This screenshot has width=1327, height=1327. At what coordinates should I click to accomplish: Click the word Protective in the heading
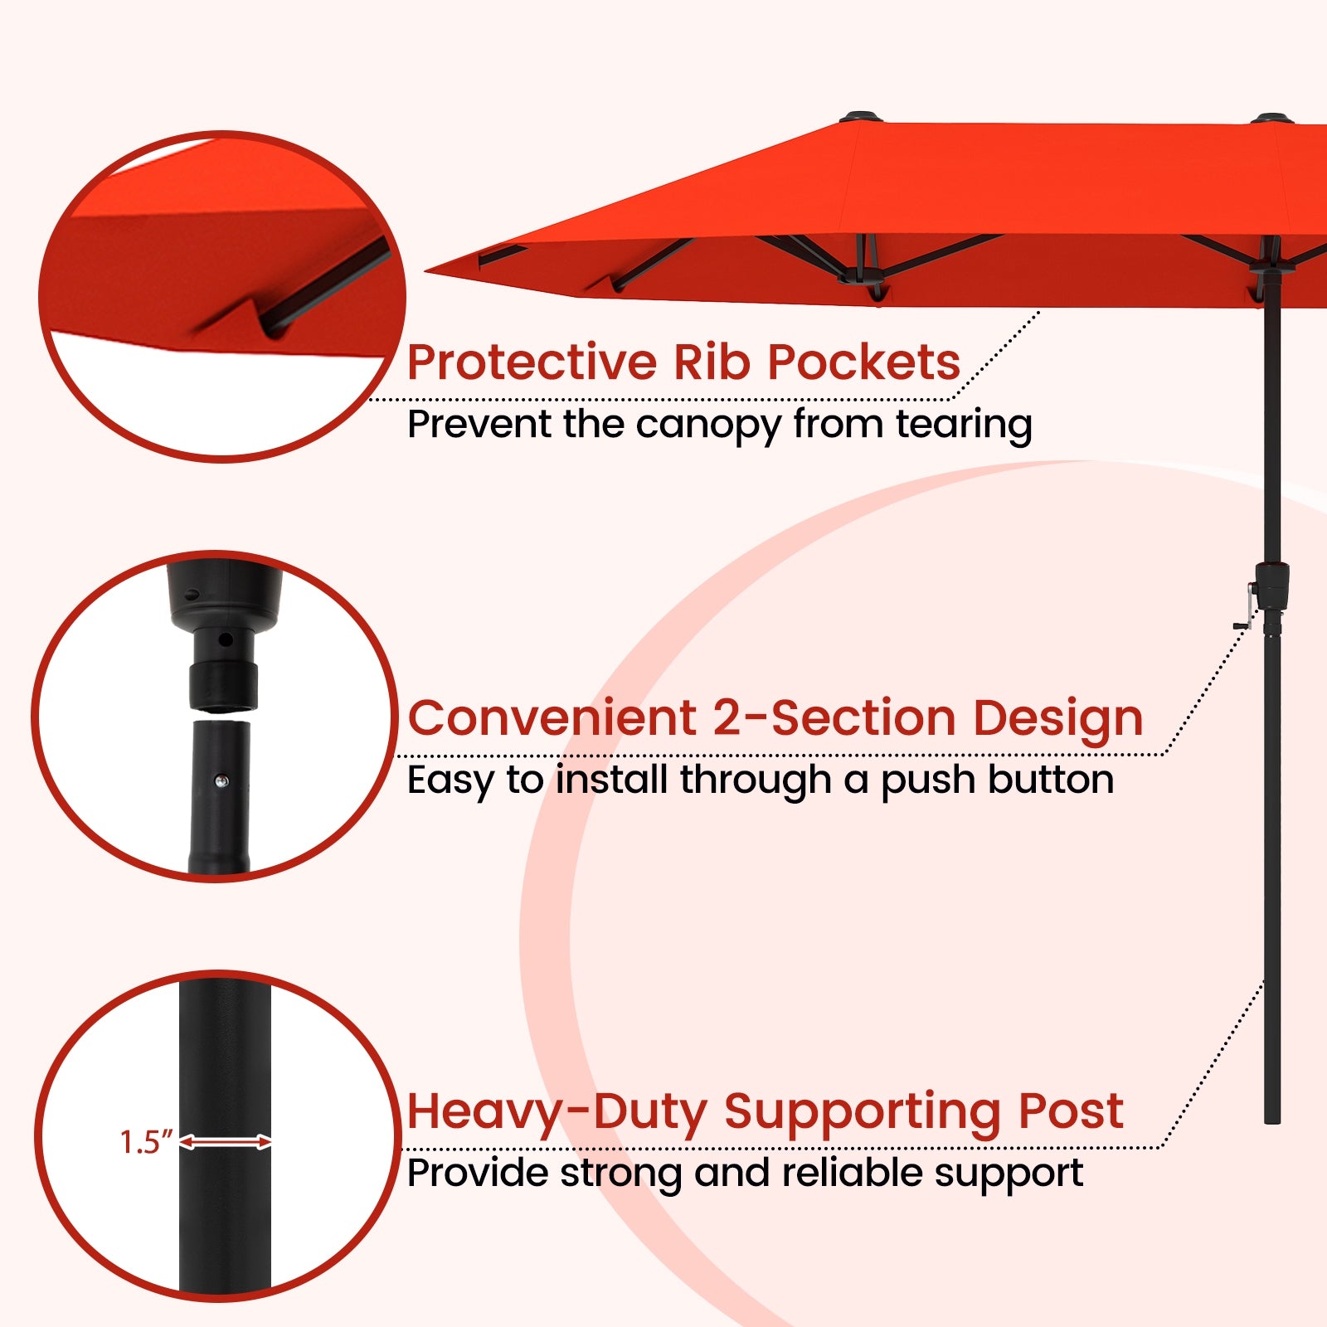tap(532, 362)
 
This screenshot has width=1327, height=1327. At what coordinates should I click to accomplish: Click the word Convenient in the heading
tap(552, 717)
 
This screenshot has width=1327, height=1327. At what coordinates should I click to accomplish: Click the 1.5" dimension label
tap(146, 1143)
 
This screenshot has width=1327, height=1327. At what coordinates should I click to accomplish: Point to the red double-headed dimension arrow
tap(226, 1143)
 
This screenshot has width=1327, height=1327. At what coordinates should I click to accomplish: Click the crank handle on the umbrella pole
tap(1246, 610)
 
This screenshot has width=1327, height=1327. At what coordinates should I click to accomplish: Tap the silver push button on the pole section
tap(221, 780)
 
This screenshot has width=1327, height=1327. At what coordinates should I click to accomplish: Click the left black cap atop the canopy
tap(861, 116)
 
